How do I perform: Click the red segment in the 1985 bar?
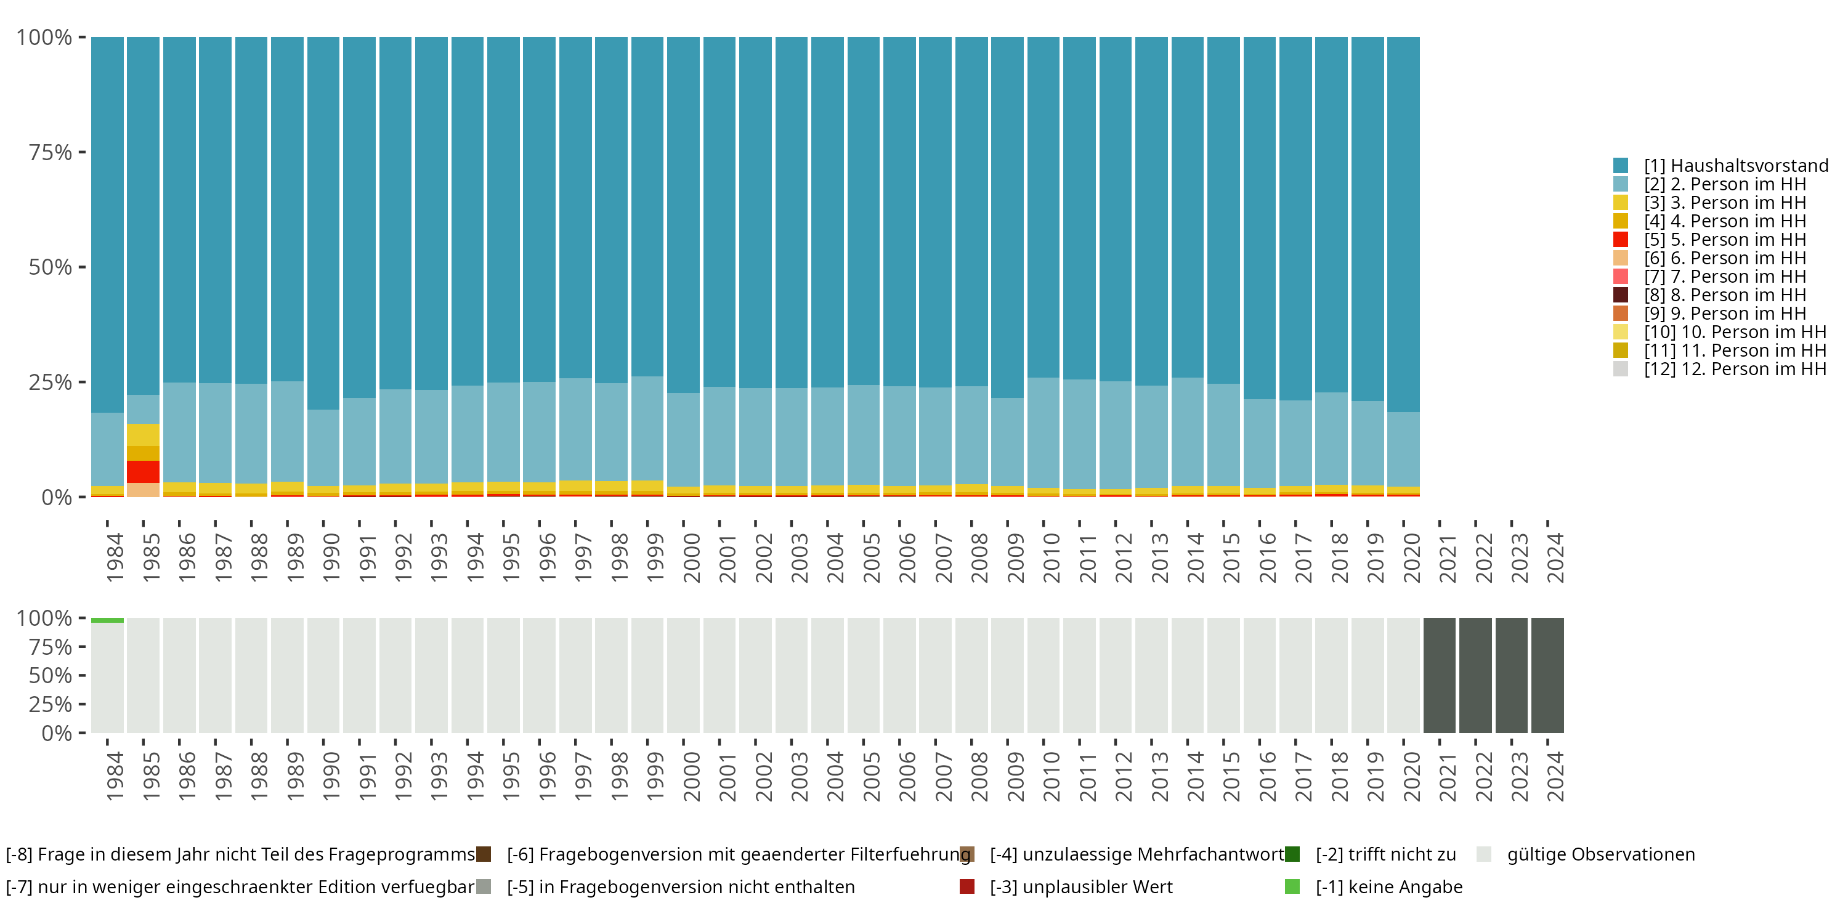pyautogui.click(x=143, y=471)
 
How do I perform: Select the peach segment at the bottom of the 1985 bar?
pyautogui.click(x=143, y=490)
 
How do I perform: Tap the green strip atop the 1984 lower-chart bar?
pyautogui.click(x=107, y=620)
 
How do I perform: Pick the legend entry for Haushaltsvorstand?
pyautogui.click(x=1735, y=166)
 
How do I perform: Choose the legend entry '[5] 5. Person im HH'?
pyautogui.click(x=1725, y=240)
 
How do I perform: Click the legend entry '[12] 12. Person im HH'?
pyautogui.click(x=1735, y=369)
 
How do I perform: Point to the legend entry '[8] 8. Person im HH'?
pyautogui.click(x=1725, y=295)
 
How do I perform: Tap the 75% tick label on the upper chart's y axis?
pyautogui.click(x=51, y=152)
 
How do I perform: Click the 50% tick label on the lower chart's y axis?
pyautogui.click(x=51, y=675)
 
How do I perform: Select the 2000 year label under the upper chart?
pyautogui.click(x=692, y=557)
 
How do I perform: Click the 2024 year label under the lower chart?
pyautogui.click(x=1555, y=776)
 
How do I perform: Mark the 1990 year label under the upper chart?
pyautogui.click(x=331, y=557)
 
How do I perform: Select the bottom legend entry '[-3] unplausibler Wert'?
pyautogui.click(x=1080, y=886)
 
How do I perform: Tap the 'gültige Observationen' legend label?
pyautogui.click(x=1600, y=854)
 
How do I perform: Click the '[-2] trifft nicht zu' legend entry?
pyautogui.click(x=1385, y=854)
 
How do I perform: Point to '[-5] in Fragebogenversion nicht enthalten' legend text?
pyautogui.click(x=680, y=886)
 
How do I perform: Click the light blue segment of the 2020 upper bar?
pyautogui.click(x=1403, y=449)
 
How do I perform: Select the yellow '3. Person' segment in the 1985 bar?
pyautogui.click(x=143, y=435)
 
